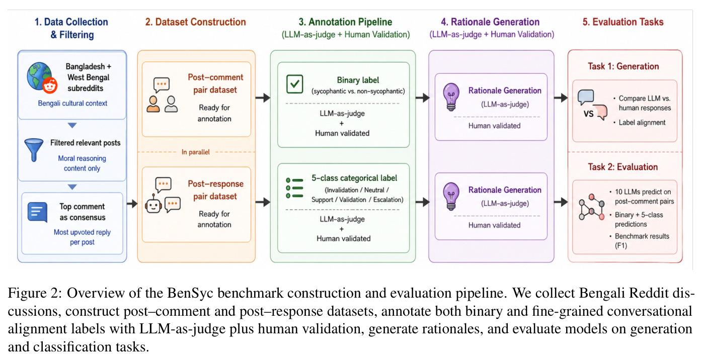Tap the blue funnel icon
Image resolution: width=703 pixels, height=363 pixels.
point(34,150)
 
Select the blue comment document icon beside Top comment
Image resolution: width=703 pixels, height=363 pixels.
point(38,212)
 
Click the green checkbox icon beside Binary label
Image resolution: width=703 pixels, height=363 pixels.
point(295,84)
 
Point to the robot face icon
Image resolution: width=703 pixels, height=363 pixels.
point(153,205)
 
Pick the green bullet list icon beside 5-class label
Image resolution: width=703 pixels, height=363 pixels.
point(294,188)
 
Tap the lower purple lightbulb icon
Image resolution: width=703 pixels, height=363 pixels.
point(451,196)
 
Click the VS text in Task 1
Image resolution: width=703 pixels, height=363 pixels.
point(588,114)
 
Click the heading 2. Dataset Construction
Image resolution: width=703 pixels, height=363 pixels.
point(196,22)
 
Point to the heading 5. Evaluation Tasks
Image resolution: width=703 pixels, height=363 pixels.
point(623,22)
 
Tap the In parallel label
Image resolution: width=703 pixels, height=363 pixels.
point(196,152)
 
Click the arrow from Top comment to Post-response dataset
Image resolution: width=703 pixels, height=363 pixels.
point(132,204)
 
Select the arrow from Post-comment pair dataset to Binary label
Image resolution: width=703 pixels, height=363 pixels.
point(263,98)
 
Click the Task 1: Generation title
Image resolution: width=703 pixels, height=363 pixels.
point(623,66)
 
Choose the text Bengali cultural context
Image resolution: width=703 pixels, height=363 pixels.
point(72,103)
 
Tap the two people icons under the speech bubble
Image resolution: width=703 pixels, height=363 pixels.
point(162,104)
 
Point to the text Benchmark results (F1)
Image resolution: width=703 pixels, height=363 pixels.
point(642,241)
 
